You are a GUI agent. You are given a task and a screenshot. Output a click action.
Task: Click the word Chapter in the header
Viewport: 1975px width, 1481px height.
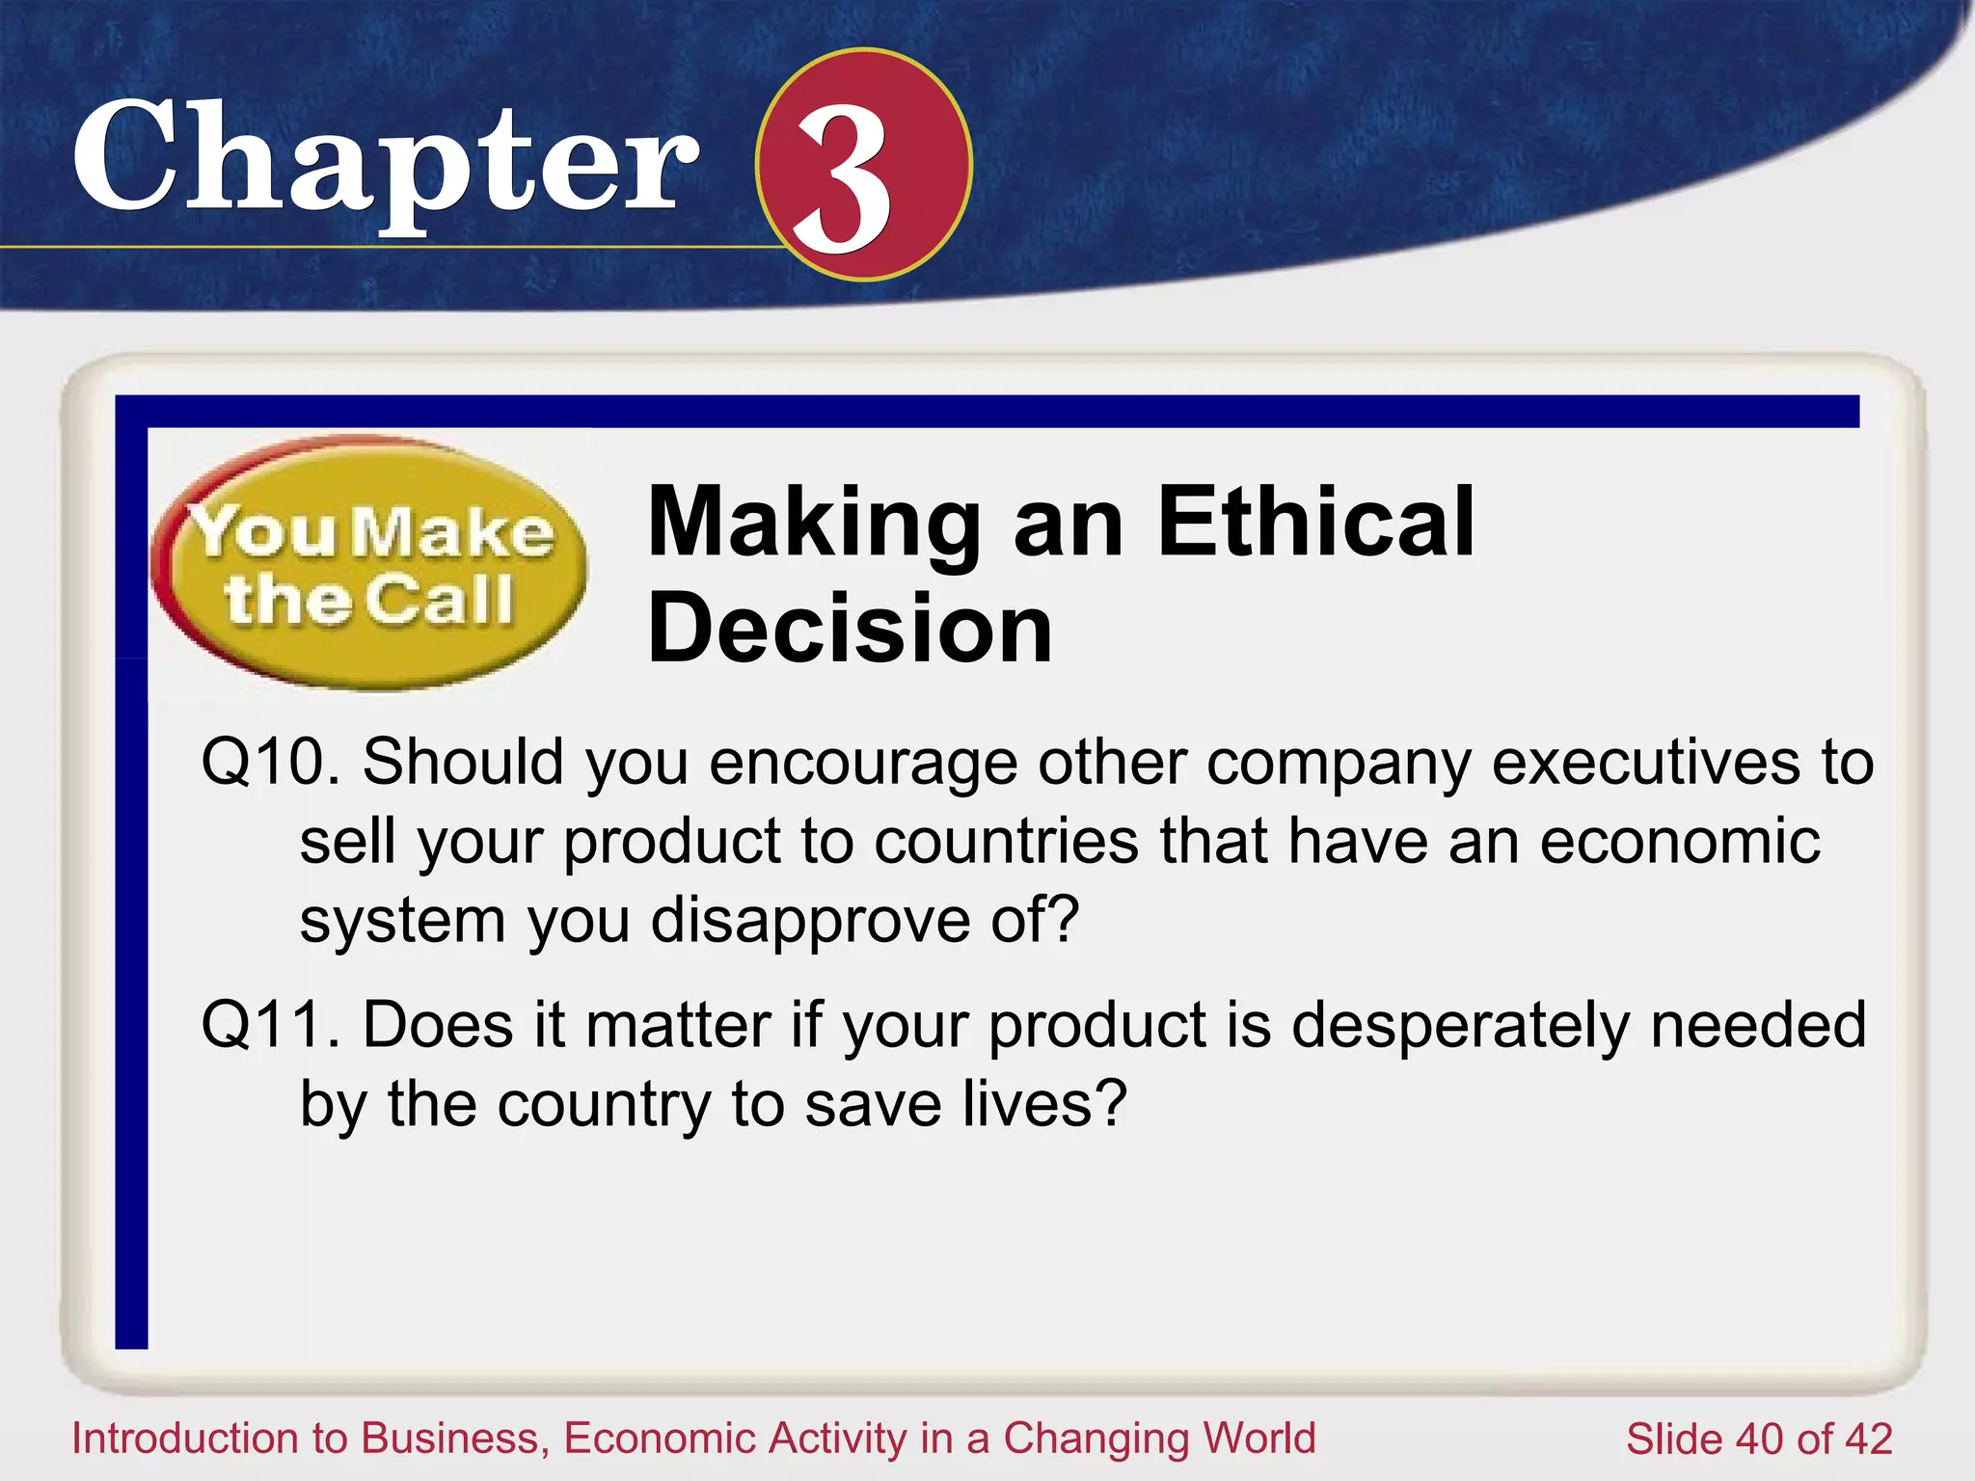[x=386, y=159]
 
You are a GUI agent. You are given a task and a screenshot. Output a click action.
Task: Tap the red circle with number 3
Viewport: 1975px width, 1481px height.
[x=863, y=165]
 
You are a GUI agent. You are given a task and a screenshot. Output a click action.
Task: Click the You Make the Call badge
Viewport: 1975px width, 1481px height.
[x=369, y=564]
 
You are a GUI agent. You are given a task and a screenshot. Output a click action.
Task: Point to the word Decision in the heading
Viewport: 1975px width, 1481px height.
[x=850, y=629]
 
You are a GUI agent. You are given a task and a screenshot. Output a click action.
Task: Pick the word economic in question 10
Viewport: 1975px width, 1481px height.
[x=1679, y=841]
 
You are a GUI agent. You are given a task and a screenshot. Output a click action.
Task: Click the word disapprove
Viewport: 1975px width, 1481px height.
[x=811, y=920]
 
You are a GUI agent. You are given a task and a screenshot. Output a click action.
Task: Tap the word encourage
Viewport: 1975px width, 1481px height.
[x=863, y=762]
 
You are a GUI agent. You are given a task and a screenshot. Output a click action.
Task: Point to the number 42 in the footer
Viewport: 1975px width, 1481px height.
[x=1868, y=1440]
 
